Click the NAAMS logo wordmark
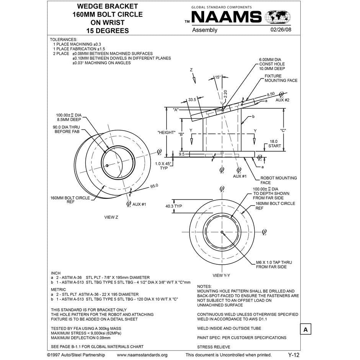click(226, 18)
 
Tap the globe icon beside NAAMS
click(278, 18)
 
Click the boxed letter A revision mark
click(305, 329)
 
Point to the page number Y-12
click(293, 355)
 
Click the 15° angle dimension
click(218, 77)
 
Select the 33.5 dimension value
click(192, 100)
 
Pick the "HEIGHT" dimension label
click(167, 133)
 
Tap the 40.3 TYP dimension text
click(173, 206)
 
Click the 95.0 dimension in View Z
click(154, 186)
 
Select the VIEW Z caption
click(111, 217)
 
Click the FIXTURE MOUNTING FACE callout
click(281, 79)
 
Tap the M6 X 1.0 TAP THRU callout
click(274, 265)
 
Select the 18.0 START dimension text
click(275, 144)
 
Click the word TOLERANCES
click(64, 39)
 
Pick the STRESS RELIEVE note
click(214, 347)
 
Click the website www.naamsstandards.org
click(142, 355)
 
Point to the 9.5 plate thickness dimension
click(182, 154)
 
